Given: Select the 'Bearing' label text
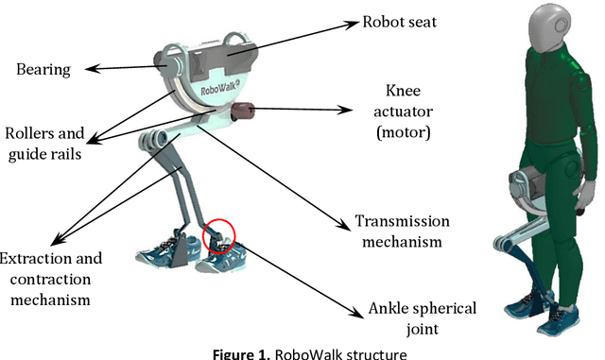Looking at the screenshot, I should tap(43, 69).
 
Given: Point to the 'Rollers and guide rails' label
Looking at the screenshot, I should tap(43, 143).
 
